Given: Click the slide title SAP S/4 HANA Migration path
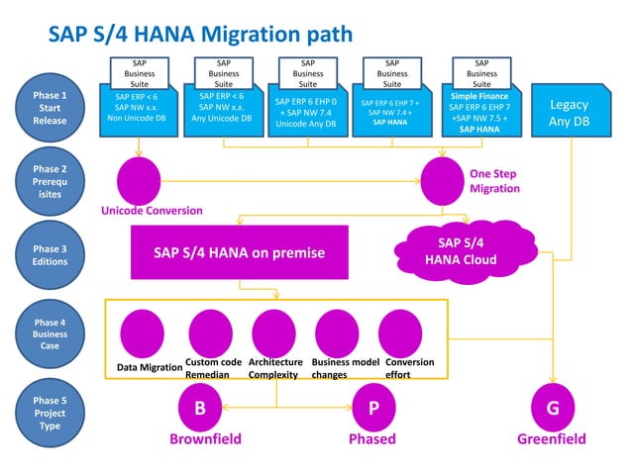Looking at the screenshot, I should (x=200, y=35).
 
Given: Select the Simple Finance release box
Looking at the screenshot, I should (x=480, y=112).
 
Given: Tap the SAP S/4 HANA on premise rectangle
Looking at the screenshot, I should (x=239, y=252).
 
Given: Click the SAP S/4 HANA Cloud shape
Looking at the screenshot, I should (x=461, y=251).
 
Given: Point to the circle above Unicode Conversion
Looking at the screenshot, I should (x=139, y=180).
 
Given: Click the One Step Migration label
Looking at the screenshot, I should (x=494, y=181).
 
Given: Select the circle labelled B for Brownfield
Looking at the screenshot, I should (x=200, y=408).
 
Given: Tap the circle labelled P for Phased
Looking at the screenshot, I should (x=373, y=408).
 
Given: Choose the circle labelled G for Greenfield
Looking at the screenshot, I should (x=552, y=408).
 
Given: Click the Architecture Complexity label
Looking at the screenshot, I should (x=275, y=368).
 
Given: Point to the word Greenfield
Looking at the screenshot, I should (x=552, y=439).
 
